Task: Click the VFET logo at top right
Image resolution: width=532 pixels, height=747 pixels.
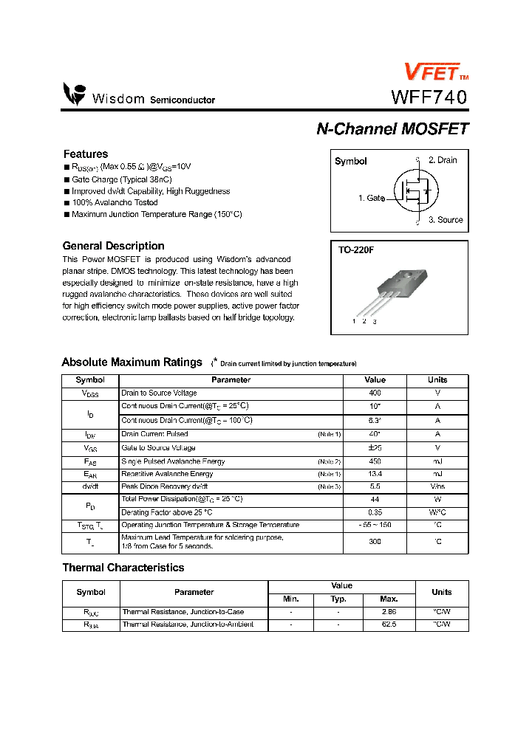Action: pyautogui.click(x=434, y=72)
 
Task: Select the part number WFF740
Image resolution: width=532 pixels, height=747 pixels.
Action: pyautogui.click(x=429, y=97)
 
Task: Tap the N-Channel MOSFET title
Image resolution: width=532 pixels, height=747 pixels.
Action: pyautogui.click(x=392, y=128)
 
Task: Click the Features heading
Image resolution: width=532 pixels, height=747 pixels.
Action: pyautogui.click(x=86, y=154)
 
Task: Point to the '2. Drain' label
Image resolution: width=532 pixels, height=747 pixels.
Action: pyautogui.click(x=443, y=160)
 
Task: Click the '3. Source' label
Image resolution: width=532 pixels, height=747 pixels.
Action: pyautogui.click(x=446, y=220)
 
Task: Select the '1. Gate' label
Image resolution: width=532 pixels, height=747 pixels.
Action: pyautogui.click(x=371, y=198)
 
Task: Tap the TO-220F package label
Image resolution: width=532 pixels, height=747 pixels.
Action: pyautogui.click(x=356, y=250)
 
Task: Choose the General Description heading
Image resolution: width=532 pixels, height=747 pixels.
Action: pyautogui.click(x=113, y=246)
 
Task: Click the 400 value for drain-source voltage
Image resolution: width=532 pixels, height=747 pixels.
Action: pyautogui.click(x=375, y=393)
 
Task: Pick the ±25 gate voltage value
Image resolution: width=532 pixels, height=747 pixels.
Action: pyautogui.click(x=375, y=448)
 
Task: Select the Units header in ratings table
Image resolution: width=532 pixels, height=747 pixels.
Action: pyautogui.click(x=437, y=380)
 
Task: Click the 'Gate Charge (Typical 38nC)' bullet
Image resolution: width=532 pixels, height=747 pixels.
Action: pyautogui.click(x=122, y=179)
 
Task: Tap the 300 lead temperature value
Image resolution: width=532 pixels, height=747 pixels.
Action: pyautogui.click(x=375, y=542)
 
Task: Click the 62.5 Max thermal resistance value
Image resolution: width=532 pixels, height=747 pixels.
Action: pyautogui.click(x=389, y=624)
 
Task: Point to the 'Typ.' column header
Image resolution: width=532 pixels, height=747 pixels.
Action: pyautogui.click(x=338, y=599)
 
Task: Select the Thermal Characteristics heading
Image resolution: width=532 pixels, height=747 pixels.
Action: pyautogui.click(x=123, y=568)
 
